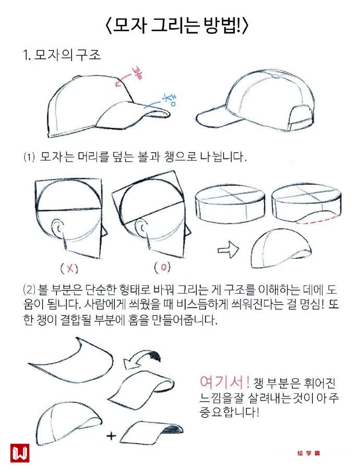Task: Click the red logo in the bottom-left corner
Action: pyautogui.click(x=20, y=453)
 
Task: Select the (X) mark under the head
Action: pyautogui.click(x=69, y=268)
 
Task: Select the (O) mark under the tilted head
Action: pyautogui.click(x=163, y=267)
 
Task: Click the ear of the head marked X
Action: pyautogui.click(x=58, y=230)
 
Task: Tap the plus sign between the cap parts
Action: pyautogui.click(x=111, y=435)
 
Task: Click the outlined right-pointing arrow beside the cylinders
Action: pyautogui.click(x=228, y=249)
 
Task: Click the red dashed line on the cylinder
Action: pyautogui.click(x=315, y=220)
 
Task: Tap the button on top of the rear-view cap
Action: pyautogui.click(x=276, y=76)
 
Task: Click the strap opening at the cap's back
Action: pyautogui.click(x=301, y=115)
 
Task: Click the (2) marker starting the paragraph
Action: pyautogui.click(x=29, y=290)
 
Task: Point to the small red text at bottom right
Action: pyautogui.click(x=309, y=453)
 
